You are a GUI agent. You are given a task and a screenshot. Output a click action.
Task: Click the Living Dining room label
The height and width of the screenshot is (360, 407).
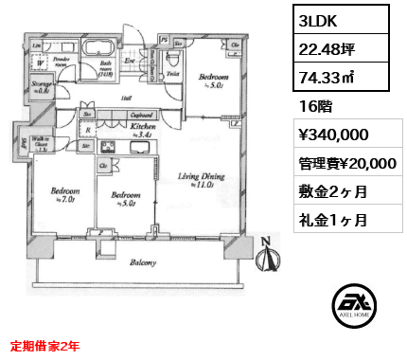[201, 179]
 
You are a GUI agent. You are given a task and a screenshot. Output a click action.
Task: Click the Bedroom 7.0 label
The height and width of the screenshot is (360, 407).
[63, 195]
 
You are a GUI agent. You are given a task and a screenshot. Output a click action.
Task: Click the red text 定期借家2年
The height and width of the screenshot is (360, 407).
[46, 347]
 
